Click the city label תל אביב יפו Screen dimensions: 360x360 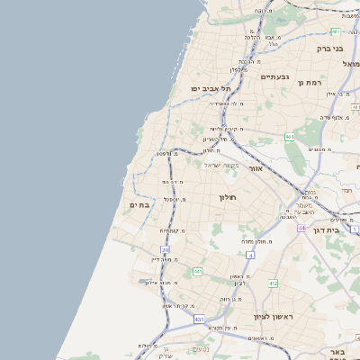[x=211, y=89]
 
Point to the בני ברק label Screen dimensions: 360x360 [x=330, y=49]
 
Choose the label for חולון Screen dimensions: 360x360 [x=227, y=196]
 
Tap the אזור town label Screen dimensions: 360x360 [x=256, y=168]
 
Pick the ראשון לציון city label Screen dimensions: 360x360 [x=249, y=316]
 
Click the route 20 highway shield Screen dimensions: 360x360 [x=165, y=248]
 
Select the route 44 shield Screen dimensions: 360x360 [x=301, y=228]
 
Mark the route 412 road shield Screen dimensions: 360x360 [x=273, y=283]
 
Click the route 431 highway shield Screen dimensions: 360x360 [x=199, y=319]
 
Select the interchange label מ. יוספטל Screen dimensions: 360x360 [x=173, y=199]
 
